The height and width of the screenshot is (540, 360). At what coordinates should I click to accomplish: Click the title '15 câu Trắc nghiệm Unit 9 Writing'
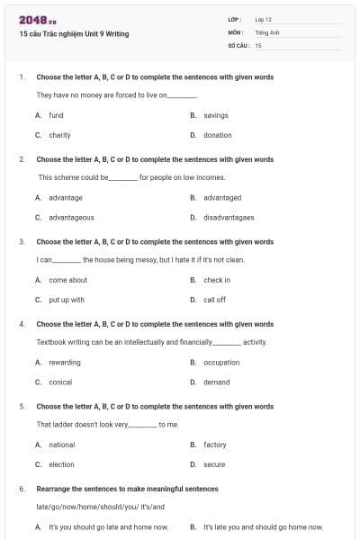pos(74,34)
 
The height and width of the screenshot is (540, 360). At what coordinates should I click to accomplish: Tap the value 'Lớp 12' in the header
pos(264,19)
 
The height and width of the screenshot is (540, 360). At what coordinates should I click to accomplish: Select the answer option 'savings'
pos(216,115)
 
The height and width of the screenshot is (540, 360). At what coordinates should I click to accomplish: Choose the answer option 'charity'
pos(59,135)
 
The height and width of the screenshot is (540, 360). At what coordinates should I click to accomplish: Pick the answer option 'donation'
pos(217,135)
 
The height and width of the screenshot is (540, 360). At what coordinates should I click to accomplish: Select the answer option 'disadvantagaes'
pos(229,217)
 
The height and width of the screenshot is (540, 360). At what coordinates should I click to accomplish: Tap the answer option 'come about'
pos(67,280)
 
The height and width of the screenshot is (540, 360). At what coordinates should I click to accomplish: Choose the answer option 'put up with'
pos(66,300)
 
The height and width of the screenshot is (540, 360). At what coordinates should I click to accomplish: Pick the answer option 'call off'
pos(214,300)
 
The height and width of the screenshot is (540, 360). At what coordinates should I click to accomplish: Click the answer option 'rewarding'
pos(64,363)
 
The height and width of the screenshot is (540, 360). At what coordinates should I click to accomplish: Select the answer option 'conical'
pos(60,382)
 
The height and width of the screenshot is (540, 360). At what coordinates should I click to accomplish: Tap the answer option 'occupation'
pos(221,363)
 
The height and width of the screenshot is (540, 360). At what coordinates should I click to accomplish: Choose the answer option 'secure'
pos(214,464)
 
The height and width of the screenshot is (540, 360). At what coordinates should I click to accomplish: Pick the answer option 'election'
pos(61,464)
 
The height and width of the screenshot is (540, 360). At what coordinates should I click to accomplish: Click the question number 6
pos(21,489)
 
